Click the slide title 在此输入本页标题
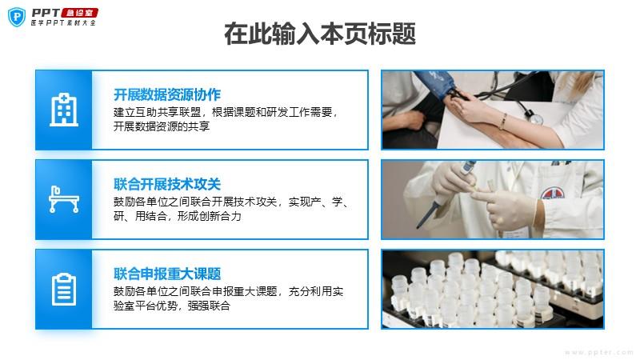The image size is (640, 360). point(320,34)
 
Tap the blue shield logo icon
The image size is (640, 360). point(17,17)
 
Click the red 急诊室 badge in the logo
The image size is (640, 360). point(80,13)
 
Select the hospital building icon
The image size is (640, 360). point(64,110)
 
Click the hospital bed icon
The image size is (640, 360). point(64,199)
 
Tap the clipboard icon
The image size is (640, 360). point(64,289)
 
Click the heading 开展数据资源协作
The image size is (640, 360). point(167,94)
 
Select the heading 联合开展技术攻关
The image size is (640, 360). point(167,184)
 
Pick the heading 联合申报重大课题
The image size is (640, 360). point(167,274)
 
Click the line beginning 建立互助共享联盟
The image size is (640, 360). point(226,112)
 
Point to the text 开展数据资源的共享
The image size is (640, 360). point(162,126)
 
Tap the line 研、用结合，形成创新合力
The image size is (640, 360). point(177,216)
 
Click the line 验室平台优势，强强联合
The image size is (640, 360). point(172,306)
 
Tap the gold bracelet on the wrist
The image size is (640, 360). point(504,122)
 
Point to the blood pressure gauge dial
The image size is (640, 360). point(536,118)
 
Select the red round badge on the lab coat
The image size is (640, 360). point(552,193)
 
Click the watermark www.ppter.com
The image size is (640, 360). point(598,352)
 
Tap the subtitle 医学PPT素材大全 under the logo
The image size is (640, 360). point(63,23)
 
